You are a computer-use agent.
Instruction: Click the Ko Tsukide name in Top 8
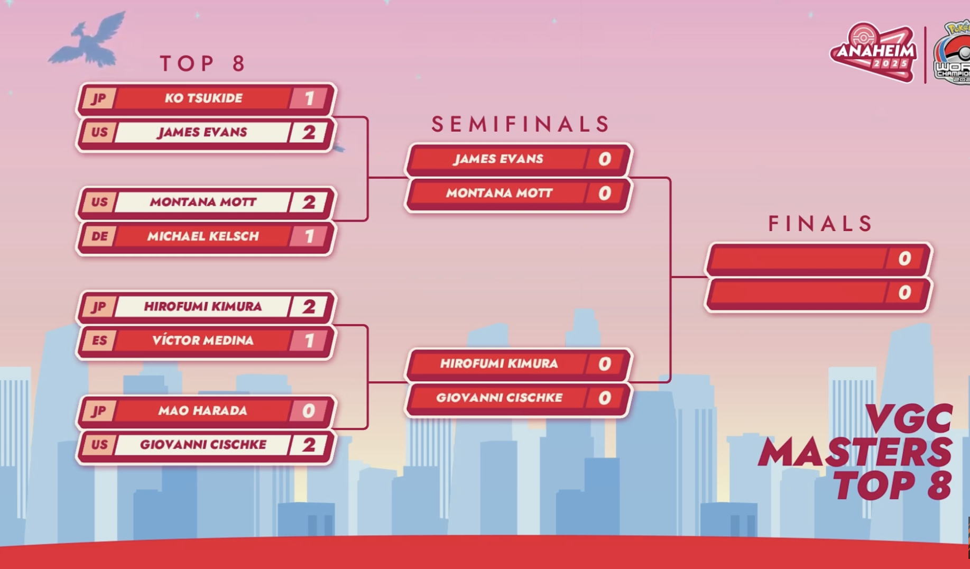click(x=204, y=98)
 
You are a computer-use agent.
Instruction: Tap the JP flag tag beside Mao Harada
click(x=99, y=411)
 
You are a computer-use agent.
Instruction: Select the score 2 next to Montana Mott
click(x=309, y=202)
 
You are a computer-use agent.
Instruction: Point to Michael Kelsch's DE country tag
click(x=99, y=236)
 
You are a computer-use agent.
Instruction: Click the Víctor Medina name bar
click(x=203, y=341)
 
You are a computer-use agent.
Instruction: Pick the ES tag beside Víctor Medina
click(x=99, y=341)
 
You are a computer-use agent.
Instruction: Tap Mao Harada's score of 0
click(x=309, y=411)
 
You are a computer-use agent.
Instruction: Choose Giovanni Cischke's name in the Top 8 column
click(x=203, y=445)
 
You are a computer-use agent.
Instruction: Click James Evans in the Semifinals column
click(x=498, y=159)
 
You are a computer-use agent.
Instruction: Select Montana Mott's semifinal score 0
click(x=605, y=194)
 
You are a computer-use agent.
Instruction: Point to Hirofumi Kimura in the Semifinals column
click(x=499, y=364)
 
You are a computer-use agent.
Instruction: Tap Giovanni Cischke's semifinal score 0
click(x=605, y=398)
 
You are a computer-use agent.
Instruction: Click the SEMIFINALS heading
click(x=521, y=124)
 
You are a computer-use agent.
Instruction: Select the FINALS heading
click(x=820, y=224)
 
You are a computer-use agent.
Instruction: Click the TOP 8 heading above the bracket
click(x=204, y=63)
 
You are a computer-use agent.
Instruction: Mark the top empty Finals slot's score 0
click(x=904, y=259)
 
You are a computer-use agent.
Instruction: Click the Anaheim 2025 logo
click(x=873, y=52)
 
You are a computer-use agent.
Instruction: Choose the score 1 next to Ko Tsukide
click(x=309, y=98)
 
